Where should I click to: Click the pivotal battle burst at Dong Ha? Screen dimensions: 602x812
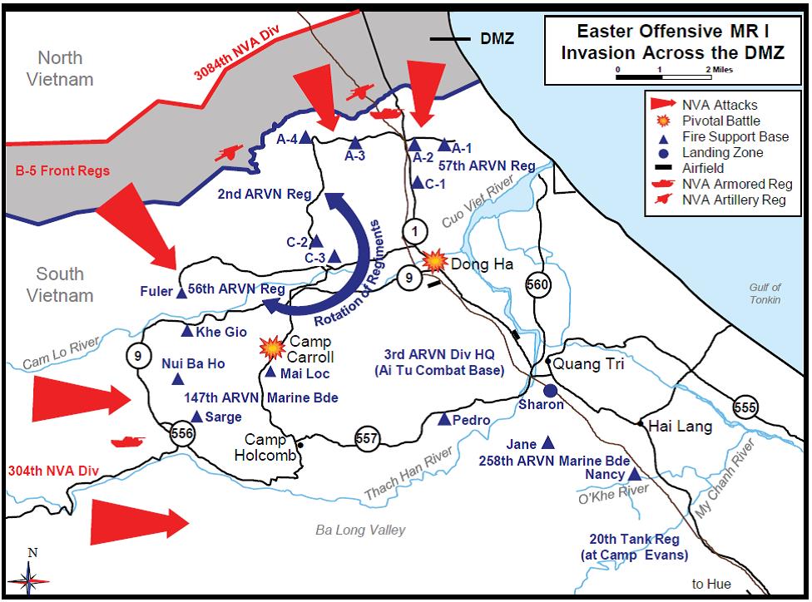coord(434,261)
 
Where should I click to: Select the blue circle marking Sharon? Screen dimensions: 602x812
coord(549,390)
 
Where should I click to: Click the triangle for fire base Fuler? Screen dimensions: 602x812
coord(181,292)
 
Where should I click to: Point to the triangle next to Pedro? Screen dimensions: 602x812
coord(444,420)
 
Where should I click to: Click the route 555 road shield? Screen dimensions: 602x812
coord(745,407)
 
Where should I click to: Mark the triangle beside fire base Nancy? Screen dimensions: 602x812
coord(634,475)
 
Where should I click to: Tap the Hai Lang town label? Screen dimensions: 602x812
coord(681,427)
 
